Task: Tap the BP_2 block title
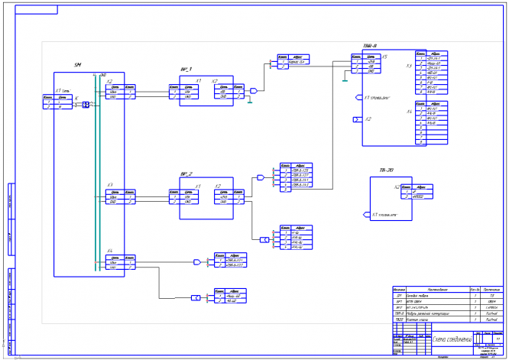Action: pos(186,174)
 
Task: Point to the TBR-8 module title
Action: pos(369,46)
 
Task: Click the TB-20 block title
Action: pos(386,170)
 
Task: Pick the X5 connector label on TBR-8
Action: pos(384,57)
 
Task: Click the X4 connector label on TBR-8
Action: pos(409,112)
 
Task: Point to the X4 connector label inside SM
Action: pos(110,251)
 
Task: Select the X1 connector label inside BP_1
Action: pos(199,80)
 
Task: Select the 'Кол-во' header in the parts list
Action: pos(474,289)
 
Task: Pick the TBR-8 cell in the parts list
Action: pos(399,313)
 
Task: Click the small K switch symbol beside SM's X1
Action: pos(86,105)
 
